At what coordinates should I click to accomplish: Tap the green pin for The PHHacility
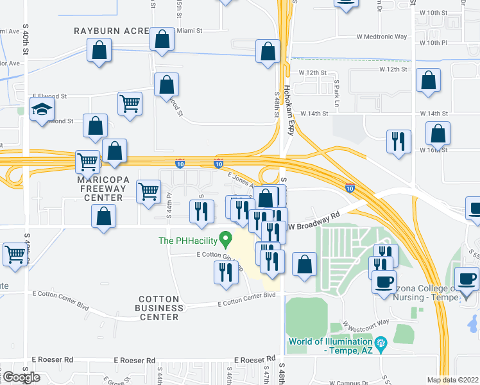[x=225, y=241]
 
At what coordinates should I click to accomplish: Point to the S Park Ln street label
[x=336, y=93]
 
